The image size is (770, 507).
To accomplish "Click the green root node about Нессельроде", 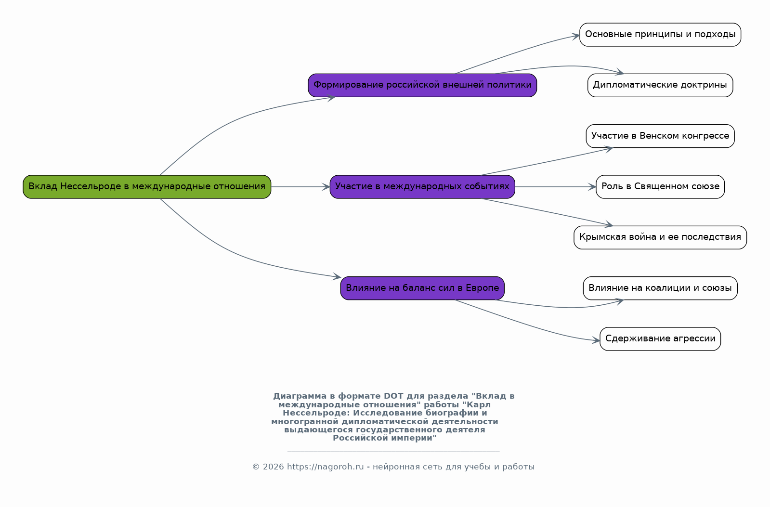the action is click(147, 187).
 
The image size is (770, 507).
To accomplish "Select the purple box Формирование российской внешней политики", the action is click(422, 85).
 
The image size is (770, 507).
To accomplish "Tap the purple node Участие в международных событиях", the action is click(422, 187).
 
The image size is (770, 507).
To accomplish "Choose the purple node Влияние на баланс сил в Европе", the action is click(422, 288).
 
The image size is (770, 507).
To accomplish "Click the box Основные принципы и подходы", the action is click(660, 35).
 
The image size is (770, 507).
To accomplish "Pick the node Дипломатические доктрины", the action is click(660, 85).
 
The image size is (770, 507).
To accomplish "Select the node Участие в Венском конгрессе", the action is click(660, 136).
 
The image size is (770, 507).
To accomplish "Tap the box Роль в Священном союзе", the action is click(660, 187).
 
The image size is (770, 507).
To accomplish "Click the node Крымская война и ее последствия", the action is click(660, 237).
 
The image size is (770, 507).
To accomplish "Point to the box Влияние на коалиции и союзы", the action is click(660, 288).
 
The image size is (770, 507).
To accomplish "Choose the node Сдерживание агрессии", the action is click(660, 339).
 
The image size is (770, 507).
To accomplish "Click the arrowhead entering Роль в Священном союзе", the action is click(592, 187).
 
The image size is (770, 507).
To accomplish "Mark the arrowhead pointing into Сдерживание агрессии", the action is click(596, 340).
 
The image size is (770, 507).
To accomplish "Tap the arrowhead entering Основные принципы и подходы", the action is click(576, 36).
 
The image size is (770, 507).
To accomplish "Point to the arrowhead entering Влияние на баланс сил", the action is click(337, 277).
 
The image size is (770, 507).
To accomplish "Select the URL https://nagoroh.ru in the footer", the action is click(325, 467).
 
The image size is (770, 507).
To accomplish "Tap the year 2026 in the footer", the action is click(274, 467).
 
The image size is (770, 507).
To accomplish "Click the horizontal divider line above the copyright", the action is click(393, 452).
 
